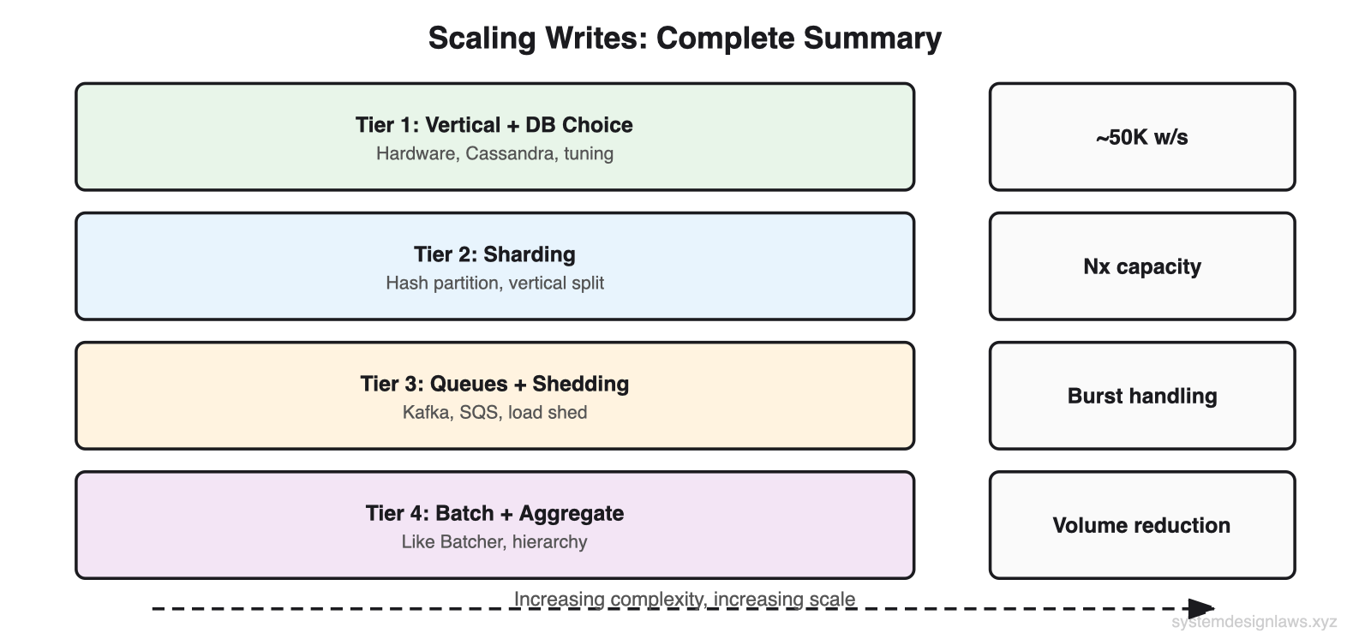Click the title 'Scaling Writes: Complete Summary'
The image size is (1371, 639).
[685, 39]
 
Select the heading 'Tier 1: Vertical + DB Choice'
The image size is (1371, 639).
[494, 125]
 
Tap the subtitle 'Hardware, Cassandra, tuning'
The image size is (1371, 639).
[494, 154]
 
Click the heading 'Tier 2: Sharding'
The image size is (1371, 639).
[494, 254]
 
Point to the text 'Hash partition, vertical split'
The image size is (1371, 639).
[494, 284]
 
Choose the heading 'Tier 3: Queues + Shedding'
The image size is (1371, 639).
[494, 384]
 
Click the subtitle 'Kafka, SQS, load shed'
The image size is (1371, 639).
[494, 413]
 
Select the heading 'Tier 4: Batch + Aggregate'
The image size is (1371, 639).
[494, 513]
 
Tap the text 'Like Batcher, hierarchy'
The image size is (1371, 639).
[494, 542]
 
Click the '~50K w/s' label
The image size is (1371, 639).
[1141, 137]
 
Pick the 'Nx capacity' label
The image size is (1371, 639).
[1141, 266]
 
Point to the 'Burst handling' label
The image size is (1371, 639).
[1141, 396]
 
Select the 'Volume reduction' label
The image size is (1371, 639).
[1141, 525]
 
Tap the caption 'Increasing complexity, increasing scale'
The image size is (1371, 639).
[684, 599]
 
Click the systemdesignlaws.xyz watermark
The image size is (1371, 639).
[1254, 623]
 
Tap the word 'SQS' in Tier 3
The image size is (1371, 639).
[478, 413]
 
